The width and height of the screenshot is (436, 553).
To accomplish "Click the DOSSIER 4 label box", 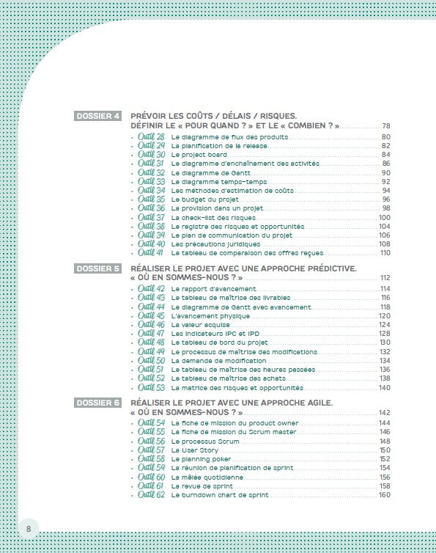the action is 98,117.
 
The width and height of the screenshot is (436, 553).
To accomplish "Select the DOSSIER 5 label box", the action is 98,269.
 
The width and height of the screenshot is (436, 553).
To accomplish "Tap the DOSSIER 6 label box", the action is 98,403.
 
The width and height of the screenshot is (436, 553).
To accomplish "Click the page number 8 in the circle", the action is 29,528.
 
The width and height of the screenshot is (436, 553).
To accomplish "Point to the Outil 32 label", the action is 152,172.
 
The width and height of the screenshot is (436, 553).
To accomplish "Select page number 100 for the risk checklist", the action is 385,217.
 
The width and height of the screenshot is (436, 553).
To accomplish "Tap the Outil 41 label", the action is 152,252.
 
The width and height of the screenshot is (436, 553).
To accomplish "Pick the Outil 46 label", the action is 152,324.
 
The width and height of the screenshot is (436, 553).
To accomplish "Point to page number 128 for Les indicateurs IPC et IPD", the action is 385,334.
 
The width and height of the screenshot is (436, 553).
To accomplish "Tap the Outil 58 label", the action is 152,458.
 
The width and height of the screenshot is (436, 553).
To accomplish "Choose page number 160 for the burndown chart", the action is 385,495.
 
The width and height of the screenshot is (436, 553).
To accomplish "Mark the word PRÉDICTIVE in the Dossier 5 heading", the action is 325,268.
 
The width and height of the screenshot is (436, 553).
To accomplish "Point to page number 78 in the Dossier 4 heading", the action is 386,127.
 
